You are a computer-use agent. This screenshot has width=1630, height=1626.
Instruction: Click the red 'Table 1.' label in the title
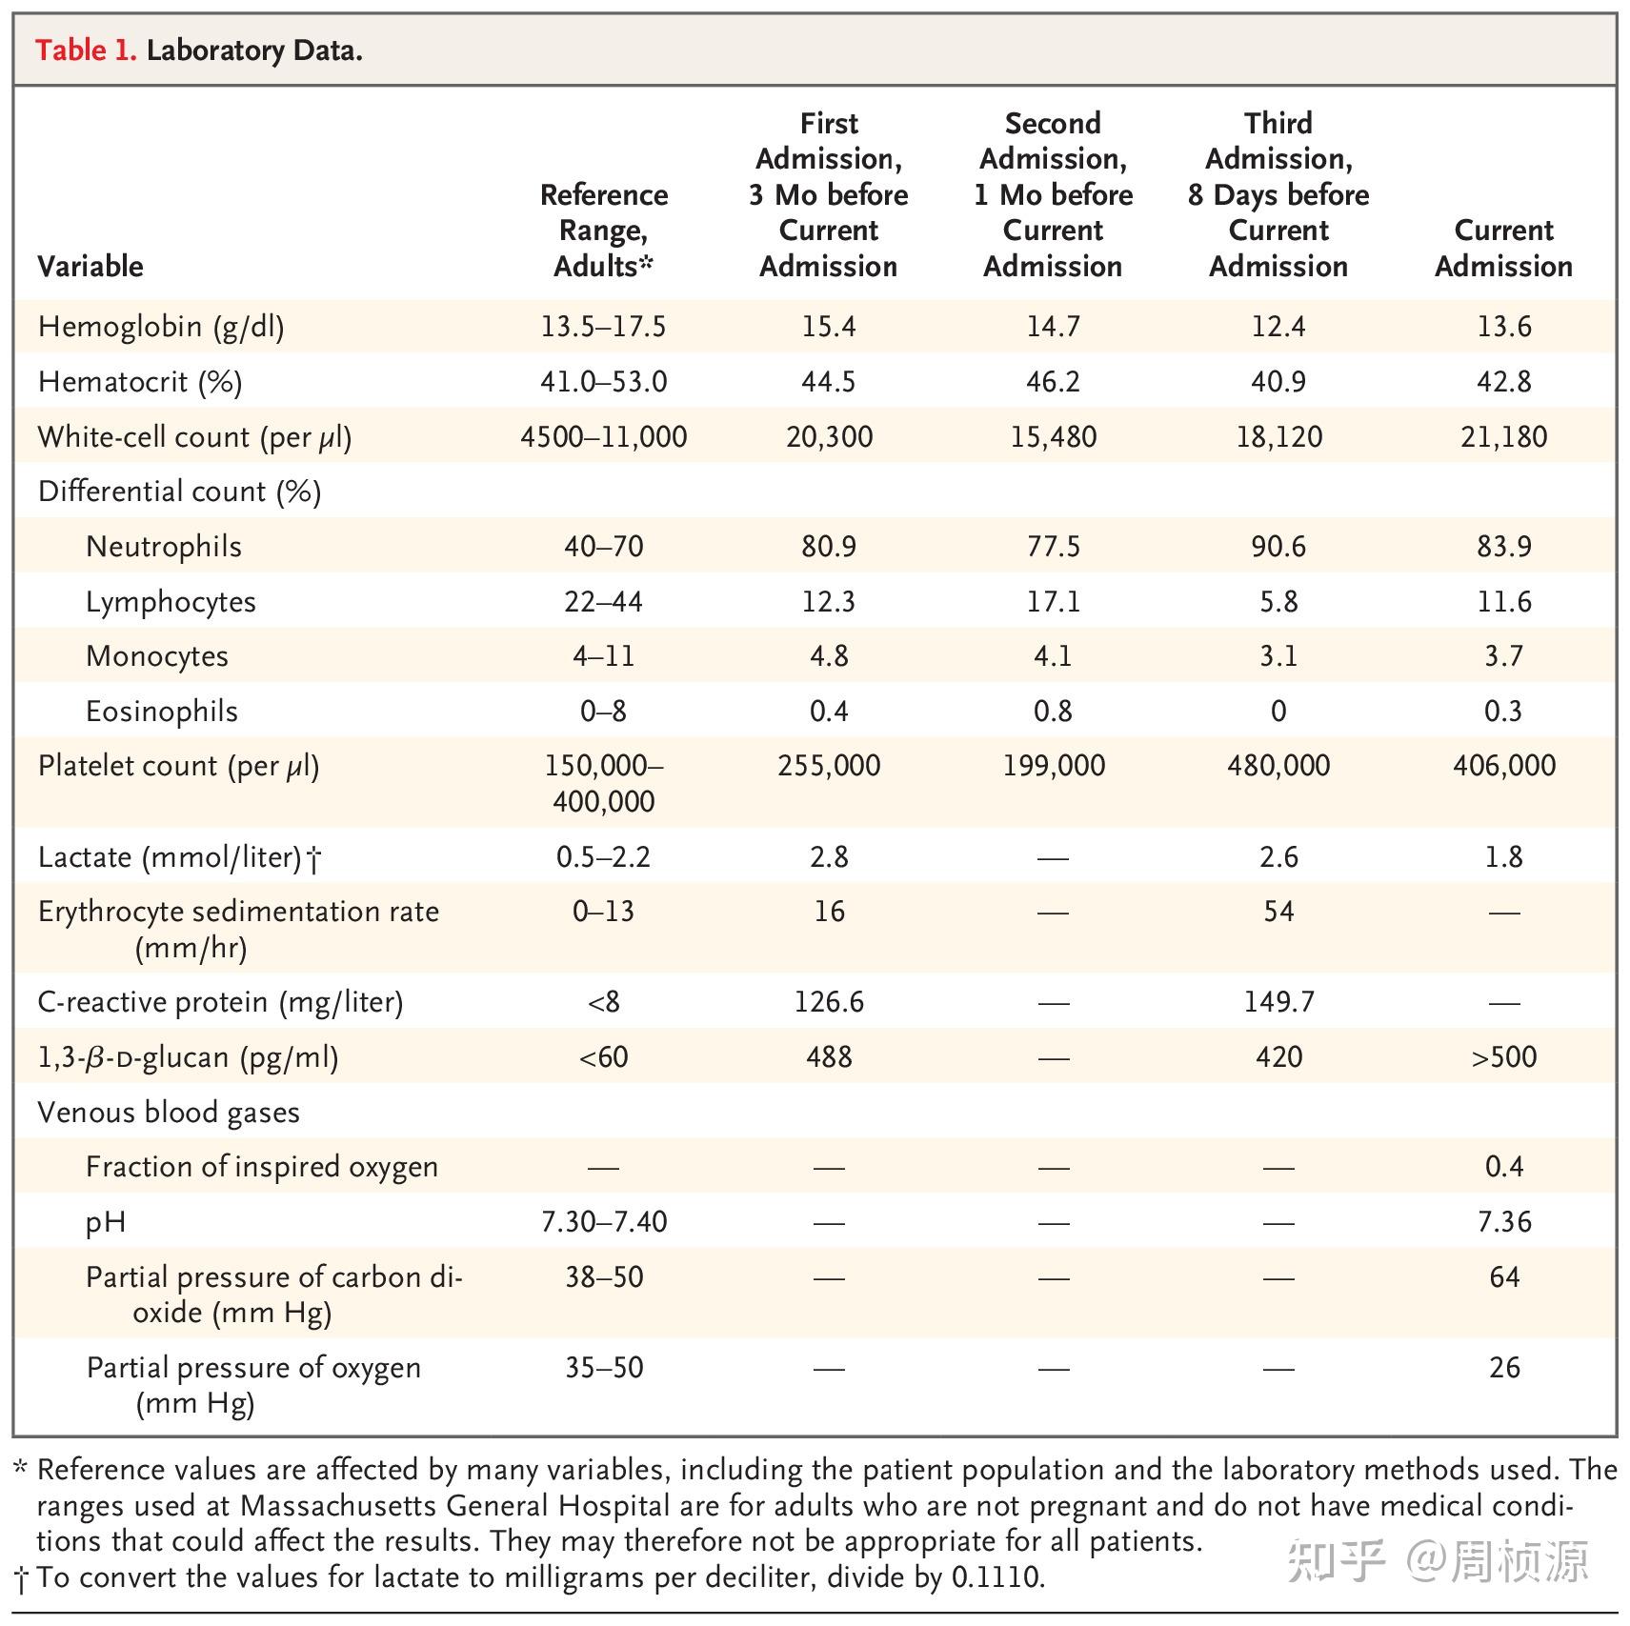[86, 50]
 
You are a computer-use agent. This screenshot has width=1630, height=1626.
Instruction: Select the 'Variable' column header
[91, 266]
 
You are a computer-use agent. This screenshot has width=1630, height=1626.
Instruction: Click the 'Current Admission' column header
[1503, 248]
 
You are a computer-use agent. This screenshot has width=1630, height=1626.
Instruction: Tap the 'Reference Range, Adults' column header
[603, 230]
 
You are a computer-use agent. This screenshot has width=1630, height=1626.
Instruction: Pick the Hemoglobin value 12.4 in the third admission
[1278, 327]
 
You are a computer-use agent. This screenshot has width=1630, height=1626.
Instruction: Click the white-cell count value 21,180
[1503, 436]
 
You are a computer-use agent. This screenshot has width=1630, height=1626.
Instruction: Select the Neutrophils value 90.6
[1278, 546]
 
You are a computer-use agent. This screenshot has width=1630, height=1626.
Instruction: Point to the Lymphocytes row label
[171, 601]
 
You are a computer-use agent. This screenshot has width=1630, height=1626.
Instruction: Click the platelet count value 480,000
[1278, 765]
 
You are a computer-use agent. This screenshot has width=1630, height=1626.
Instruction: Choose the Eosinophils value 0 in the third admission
[1278, 711]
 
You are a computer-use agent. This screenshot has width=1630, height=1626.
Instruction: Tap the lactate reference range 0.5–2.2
[603, 856]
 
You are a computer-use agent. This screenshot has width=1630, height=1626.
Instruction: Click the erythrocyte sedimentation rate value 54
[1278, 911]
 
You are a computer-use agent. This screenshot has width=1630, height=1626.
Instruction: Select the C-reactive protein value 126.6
[829, 1001]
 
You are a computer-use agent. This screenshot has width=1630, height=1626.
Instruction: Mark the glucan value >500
[1503, 1056]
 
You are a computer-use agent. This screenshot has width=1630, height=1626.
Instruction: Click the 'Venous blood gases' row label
[169, 1112]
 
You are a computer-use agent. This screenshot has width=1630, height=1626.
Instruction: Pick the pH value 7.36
[1503, 1221]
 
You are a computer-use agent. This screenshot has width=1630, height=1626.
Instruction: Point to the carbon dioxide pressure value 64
[1503, 1276]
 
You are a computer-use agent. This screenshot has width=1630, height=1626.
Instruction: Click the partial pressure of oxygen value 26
[1503, 1367]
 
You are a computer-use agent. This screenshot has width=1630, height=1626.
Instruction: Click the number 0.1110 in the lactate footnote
[996, 1576]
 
